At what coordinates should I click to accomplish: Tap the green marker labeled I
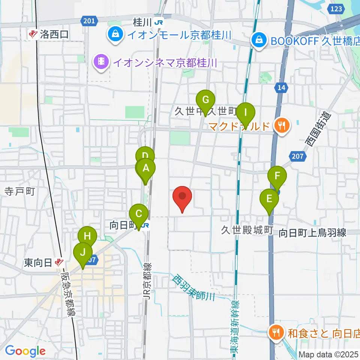[246, 112]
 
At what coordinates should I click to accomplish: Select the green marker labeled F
[277, 176]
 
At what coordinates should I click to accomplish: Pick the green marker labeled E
[269, 198]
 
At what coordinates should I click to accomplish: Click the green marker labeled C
[139, 215]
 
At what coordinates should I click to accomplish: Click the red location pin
[183, 196]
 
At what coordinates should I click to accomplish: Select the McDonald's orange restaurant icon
[282, 125]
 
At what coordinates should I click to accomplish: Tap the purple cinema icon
[101, 60]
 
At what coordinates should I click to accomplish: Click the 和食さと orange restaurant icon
[276, 331]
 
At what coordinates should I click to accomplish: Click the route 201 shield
[89, 21]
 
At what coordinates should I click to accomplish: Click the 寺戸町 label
[19, 192]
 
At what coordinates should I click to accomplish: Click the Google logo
[25, 351]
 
